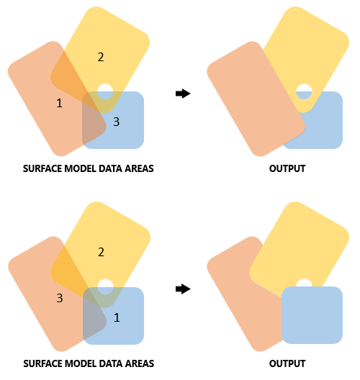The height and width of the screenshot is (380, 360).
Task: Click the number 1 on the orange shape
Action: [x=59, y=104]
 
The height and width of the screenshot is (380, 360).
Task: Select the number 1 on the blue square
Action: [x=117, y=317]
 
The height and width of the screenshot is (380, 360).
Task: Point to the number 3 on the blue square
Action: [x=116, y=122]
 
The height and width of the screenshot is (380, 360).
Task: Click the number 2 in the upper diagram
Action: [x=101, y=57]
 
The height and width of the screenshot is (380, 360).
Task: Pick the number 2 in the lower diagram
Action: [x=101, y=252]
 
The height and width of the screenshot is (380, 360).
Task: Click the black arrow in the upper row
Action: [x=183, y=93]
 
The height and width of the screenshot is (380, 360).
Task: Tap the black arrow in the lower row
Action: [x=183, y=289]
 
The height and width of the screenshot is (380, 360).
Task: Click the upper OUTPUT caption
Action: [x=287, y=168]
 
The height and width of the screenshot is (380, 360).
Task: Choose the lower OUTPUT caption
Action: [x=287, y=363]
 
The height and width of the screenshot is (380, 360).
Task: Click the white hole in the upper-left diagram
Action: [x=105, y=91]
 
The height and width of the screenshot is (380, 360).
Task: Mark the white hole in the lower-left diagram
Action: [x=105, y=286]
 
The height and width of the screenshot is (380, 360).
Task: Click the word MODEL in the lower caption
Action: [x=85, y=363]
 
